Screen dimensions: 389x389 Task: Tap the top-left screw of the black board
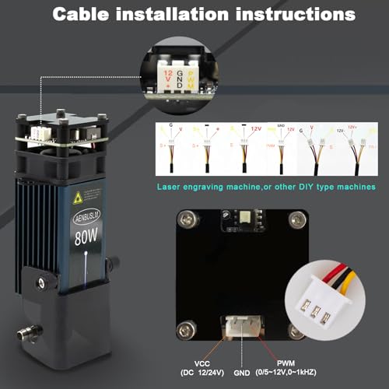[185, 217]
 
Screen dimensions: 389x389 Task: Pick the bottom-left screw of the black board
[187, 327]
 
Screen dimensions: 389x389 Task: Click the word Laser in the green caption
[170, 187]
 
